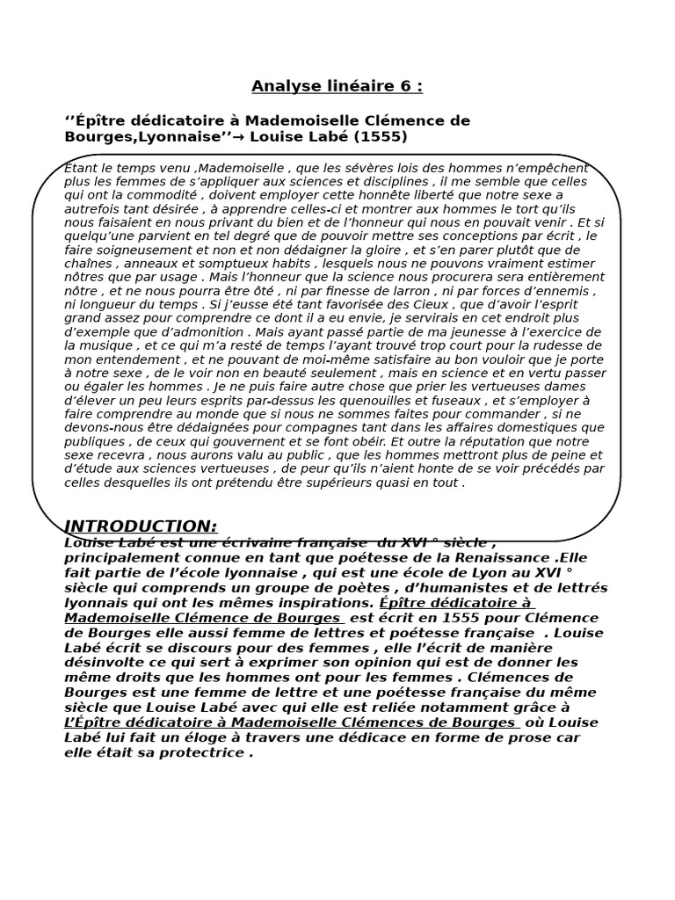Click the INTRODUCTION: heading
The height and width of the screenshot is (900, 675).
click(x=141, y=526)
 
